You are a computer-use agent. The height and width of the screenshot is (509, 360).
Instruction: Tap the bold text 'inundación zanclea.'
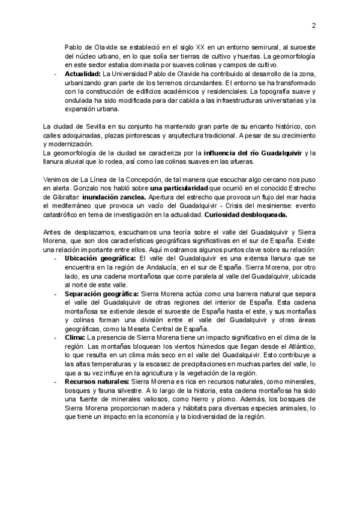(x=110, y=197)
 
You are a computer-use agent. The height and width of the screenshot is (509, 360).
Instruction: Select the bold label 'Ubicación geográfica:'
(x=100, y=258)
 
